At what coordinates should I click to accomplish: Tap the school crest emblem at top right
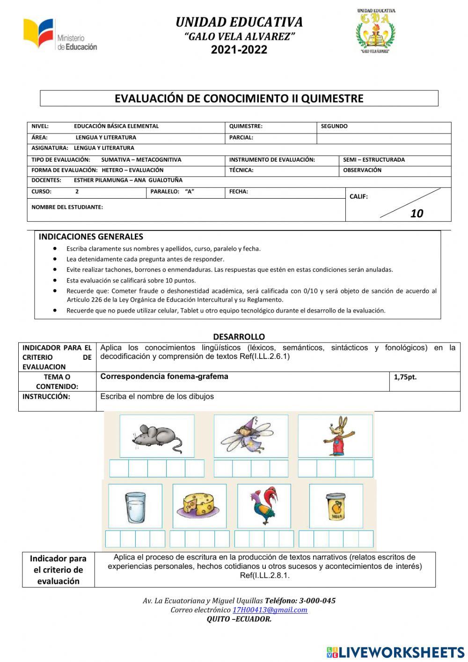pos(375,31)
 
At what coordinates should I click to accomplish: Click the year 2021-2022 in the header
pos(239,50)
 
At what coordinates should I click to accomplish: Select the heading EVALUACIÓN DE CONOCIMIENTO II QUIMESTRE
pos(239,98)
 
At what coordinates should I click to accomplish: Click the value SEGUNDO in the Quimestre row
pos(334,126)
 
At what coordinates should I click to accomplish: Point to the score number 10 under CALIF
pos(417,214)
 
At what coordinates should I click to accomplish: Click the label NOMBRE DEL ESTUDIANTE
pos(67,207)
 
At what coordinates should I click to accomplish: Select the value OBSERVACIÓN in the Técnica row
pos(362,170)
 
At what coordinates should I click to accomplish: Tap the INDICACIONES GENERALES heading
pos(91,237)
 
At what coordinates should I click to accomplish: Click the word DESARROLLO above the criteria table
pos(239,336)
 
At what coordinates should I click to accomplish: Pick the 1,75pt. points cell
pos(405,377)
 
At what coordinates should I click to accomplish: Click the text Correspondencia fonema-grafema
pos(164,376)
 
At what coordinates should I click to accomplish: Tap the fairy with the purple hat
pos(251,436)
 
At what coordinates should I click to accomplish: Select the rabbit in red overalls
pos(335,436)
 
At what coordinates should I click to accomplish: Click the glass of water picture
pos(135,506)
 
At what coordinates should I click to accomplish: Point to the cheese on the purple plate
pos(199,506)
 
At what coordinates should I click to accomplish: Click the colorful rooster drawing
pos(263,506)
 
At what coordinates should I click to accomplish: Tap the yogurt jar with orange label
pos(336,506)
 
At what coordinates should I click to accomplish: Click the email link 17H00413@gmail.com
pos(270,610)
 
